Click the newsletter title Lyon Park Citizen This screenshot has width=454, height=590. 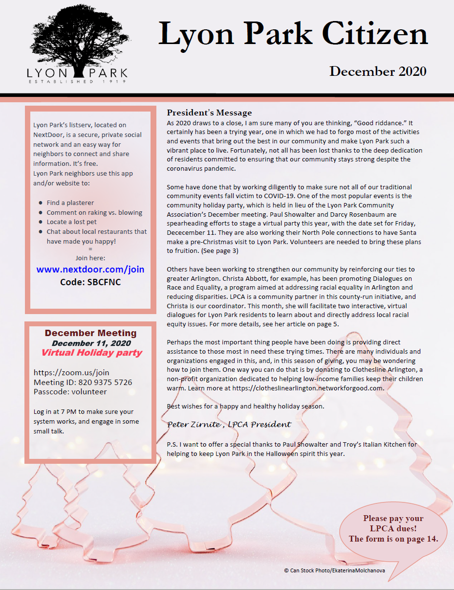[293, 34]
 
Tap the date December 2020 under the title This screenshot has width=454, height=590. [378, 71]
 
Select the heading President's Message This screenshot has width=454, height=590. [209, 113]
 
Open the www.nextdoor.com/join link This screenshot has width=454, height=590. [90, 270]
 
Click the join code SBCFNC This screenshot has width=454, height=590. [90, 282]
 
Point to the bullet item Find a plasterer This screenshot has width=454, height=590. [70, 203]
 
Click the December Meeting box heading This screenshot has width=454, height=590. [90, 333]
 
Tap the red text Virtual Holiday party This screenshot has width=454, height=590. [91, 353]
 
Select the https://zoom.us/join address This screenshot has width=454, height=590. [64, 373]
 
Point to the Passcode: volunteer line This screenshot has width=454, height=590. [70, 391]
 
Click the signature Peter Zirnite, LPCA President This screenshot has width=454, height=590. [229, 424]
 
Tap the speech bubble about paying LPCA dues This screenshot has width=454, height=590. [393, 529]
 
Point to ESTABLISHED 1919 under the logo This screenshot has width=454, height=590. [77, 82]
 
